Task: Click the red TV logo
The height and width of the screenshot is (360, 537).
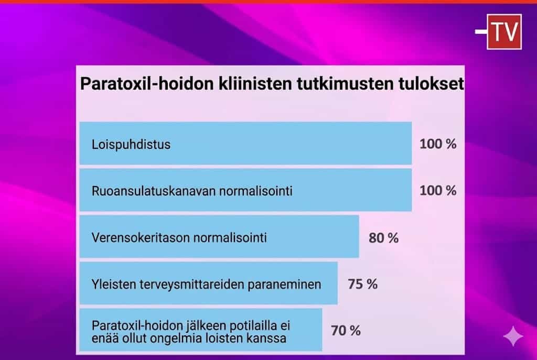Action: [504, 32]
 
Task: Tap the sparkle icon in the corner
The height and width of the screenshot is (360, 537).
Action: [513, 336]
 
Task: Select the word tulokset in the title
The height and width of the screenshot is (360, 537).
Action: [431, 83]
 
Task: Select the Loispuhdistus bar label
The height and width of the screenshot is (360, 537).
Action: [131, 145]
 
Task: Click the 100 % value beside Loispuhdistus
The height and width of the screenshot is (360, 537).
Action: [438, 144]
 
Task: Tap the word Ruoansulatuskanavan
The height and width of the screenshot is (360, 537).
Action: [154, 191]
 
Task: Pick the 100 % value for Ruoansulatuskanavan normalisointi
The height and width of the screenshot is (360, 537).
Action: [438, 191]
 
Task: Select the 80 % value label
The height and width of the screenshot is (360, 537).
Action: [383, 238]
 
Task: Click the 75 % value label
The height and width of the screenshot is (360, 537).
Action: [363, 284]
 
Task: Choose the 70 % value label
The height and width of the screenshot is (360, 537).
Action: [346, 331]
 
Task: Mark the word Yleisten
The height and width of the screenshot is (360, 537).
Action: [114, 285]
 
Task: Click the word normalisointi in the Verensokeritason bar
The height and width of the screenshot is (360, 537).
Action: [225, 237]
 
